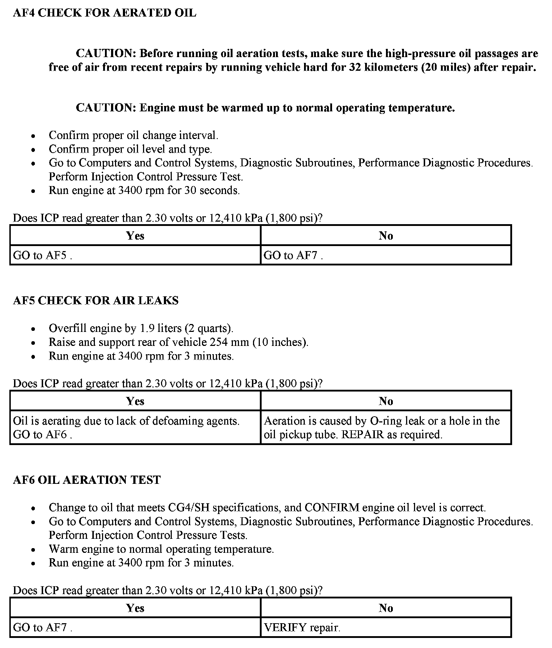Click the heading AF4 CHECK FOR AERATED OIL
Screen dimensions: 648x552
point(105,13)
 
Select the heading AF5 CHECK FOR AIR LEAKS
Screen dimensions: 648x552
point(96,300)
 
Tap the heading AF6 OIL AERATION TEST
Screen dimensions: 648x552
point(87,480)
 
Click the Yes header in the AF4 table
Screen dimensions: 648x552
point(135,236)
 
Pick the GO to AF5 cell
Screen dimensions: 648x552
point(135,255)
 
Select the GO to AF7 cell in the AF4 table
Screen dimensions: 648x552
point(386,255)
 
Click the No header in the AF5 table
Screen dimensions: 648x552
point(386,401)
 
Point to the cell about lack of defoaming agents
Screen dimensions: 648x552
point(135,427)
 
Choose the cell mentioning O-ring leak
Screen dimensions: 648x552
point(386,427)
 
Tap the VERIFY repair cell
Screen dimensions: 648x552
point(386,628)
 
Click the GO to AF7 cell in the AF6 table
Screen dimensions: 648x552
point(135,628)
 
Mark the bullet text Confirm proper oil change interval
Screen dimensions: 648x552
point(133,135)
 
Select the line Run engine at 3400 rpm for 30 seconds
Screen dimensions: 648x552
point(144,190)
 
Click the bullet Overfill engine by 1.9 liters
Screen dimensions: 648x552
point(141,328)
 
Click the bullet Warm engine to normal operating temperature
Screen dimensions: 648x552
point(161,549)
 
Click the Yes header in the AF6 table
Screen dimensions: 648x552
point(135,608)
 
